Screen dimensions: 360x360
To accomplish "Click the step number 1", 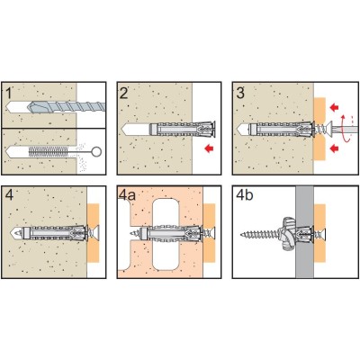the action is point(8,94).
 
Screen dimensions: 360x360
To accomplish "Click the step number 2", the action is point(123,94).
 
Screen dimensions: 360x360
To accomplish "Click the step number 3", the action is point(240,94).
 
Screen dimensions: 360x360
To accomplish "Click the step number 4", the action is point(10,196).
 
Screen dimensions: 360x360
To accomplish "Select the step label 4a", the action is point(128,195).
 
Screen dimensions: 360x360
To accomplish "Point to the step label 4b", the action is point(245,195).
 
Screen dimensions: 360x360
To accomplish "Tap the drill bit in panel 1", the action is point(66,106).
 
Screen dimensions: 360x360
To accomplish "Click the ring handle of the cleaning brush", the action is point(97,152).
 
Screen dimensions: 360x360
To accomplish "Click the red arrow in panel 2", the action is point(209,148).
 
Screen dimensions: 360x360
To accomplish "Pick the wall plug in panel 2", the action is point(183,129).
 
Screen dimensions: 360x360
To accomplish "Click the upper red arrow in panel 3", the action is point(334,107).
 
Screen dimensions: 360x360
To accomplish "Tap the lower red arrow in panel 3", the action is point(334,148).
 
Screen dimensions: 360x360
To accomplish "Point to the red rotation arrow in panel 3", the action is point(346,127).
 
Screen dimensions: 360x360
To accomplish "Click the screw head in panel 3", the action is point(330,130).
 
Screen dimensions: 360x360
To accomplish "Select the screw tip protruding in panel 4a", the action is point(134,233).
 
